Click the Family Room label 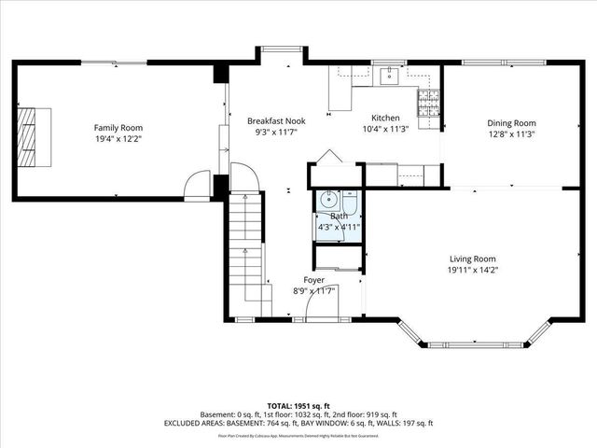[x=118, y=127]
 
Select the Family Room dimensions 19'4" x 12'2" [x=118, y=139]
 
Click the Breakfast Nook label [x=275, y=120]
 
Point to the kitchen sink [x=389, y=76]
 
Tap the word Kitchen [x=385, y=119]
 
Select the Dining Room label [x=511, y=122]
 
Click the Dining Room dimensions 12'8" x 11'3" [x=511, y=133]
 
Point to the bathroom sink [x=327, y=198]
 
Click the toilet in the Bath [x=348, y=203]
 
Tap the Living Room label [x=472, y=259]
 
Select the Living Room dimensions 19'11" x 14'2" [x=472, y=271]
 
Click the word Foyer [x=314, y=280]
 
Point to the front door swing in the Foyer [x=326, y=303]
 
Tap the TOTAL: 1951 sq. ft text [x=298, y=405]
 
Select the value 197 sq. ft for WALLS [x=413, y=424]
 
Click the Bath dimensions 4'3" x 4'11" [x=339, y=227]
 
